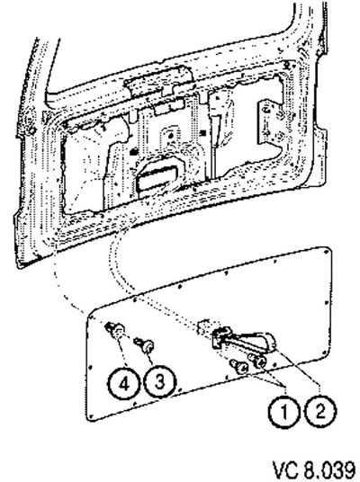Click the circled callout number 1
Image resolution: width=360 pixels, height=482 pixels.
click(284, 412)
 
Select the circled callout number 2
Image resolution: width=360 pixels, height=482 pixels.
click(319, 411)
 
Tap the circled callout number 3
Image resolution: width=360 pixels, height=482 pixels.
click(159, 382)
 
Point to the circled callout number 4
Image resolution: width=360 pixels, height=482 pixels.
click(123, 383)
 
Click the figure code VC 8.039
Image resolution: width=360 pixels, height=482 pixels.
click(314, 470)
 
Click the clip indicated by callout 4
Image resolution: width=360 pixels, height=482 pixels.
click(115, 330)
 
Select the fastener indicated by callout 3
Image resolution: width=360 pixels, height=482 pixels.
click(145, 346)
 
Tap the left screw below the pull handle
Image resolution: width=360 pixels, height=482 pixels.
click(239, 367)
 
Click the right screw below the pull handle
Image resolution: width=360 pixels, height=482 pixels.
click(257, 361)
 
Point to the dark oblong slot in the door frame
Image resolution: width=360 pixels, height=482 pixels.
click(157, 177)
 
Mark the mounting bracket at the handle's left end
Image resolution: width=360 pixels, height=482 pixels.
click(220, 337)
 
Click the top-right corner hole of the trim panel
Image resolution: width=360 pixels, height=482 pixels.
click(326, 253)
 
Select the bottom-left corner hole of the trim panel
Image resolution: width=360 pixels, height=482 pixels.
click(92, 416)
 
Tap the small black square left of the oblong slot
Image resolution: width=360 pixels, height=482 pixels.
click(133, 152)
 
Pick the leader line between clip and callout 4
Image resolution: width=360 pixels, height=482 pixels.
click(122, 353)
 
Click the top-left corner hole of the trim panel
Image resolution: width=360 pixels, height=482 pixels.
click(92, 317)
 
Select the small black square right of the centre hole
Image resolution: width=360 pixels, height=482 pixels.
click(202, 132)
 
